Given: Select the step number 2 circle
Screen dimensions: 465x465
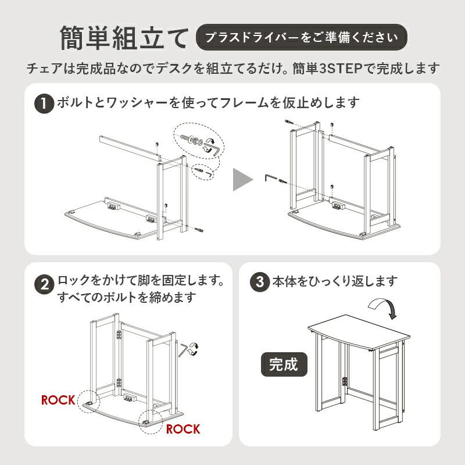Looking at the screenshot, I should (x=44, y=285).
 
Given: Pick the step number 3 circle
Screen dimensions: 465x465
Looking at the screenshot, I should (x=259, y=282).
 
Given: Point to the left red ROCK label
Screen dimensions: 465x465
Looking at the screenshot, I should (x=58, y=400).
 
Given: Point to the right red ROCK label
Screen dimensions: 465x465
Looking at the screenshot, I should (x=183, y=430).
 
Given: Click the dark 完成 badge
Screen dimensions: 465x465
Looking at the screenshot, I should (x=284, y=364).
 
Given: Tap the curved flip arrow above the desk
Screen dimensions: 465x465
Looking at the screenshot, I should (x=383, y=306).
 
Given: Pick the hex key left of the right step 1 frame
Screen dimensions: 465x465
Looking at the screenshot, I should (x=271, y=177).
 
